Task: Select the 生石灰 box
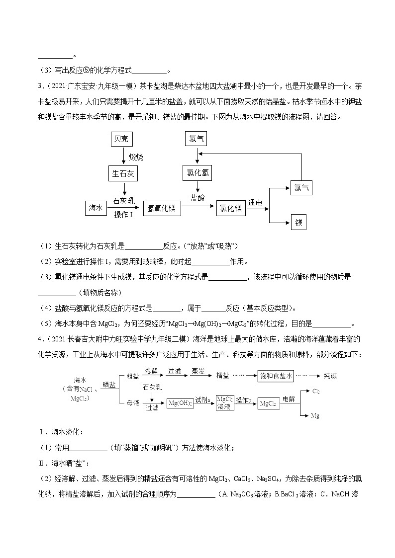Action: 122,173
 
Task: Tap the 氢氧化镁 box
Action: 162,208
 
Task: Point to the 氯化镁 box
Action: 231,208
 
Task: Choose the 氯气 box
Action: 301,188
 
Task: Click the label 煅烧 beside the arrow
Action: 136,157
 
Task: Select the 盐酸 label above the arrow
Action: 197,197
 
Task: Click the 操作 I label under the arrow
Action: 123,215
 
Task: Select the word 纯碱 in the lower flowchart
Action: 330,376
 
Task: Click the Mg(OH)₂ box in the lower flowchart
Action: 179,403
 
